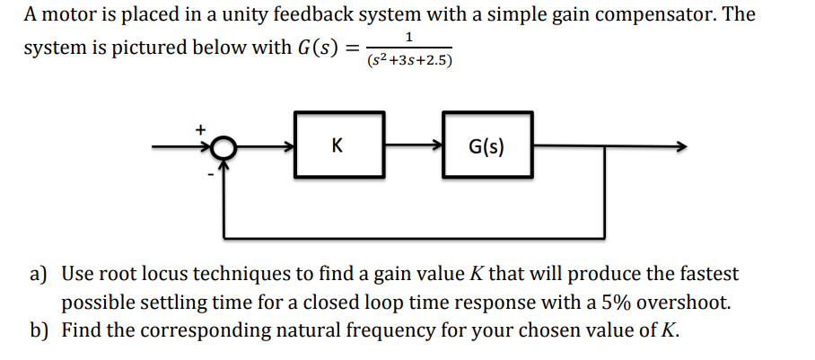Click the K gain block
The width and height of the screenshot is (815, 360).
tap(337, 146)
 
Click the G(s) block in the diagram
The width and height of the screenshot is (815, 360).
tap(486, 146)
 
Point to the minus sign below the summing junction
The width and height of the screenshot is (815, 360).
tap(211, 173)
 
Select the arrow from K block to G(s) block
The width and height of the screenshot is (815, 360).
tap(414, 146)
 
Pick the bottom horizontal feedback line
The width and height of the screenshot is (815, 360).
tap(413, 238)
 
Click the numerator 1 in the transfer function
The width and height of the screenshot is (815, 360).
tap(408, 37)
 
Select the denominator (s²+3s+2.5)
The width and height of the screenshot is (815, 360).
tap(409, 61)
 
